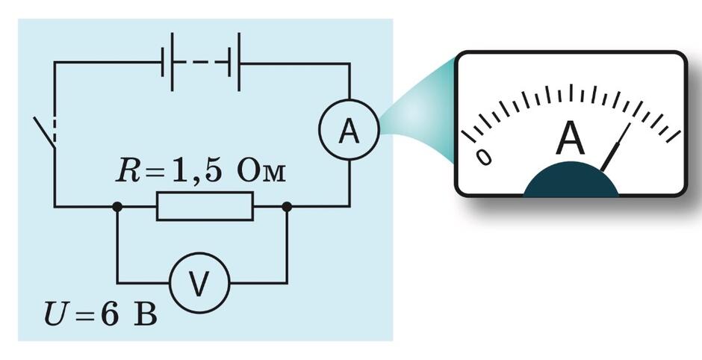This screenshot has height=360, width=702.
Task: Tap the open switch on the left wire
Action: (x=45, y=132)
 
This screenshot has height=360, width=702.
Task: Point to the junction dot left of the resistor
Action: (x=117, y=206)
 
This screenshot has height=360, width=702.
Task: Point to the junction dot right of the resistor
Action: (x=287, y=206)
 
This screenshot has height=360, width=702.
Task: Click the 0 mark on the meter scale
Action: (x=484, y=157)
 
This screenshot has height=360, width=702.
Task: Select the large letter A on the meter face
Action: (x=570, y=138)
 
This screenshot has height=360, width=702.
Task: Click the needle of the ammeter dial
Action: (x=615, y=147)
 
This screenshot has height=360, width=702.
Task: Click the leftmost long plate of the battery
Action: (x=172, y=62)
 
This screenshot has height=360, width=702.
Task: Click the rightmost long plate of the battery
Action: (x=239, y=62)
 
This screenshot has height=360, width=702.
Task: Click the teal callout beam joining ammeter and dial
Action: (x=419, y=117)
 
